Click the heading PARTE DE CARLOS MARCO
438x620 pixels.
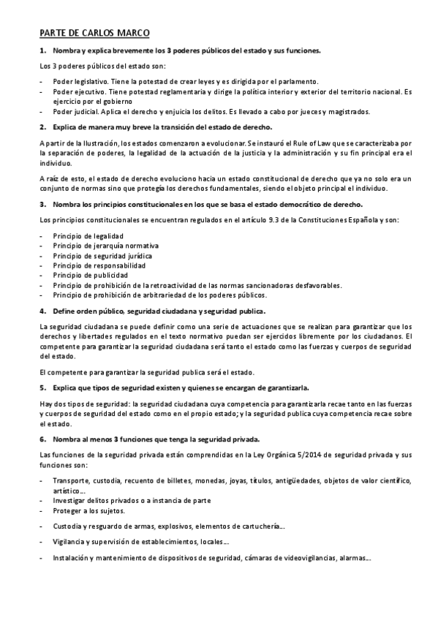(x=95, y=33)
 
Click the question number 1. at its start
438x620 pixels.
(x=42, y=51)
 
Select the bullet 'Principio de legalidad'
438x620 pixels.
(x=88, y=235)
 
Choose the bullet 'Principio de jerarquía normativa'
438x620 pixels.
(x=106, y=246)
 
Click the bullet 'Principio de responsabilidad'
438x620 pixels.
(x=99, y=265)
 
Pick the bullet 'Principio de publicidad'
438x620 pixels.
(x=90, y=275)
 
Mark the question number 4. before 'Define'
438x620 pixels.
(x=42, y=311)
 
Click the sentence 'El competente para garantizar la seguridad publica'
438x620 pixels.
(x=146, y=371)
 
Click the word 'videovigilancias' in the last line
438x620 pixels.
(x=306, y=557)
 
